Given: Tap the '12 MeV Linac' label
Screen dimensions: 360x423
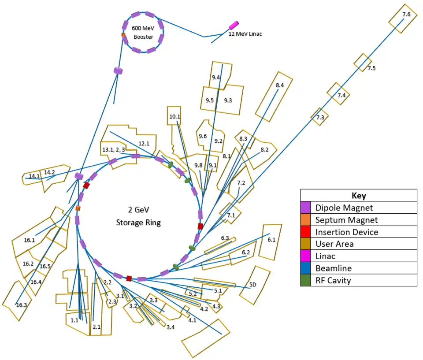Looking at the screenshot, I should click(245, 34).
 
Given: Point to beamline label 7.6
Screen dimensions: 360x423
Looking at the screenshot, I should click(406, 15).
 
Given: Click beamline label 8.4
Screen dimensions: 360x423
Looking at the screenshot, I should click(280, 85).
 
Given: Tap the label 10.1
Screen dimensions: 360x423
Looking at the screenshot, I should click(174, 117).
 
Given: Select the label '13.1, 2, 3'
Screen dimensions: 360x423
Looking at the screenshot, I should click(114, 150).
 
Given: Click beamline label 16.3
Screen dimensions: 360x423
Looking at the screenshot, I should click(21, 304).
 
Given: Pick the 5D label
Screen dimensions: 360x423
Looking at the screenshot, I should click(252, 285).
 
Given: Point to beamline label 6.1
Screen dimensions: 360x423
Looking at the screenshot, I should click(271, 240).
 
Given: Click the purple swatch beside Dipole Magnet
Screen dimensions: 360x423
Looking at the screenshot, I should click(306, 208).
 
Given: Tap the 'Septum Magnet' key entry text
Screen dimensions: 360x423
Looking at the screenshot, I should click(347, 220).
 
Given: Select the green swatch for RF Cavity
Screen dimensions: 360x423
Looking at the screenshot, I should click(306, 280).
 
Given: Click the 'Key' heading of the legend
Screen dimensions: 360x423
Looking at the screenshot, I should click(359, 196).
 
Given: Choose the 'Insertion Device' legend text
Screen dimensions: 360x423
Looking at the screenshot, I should click(347, 232).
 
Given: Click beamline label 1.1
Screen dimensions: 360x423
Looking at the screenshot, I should click(74, 320).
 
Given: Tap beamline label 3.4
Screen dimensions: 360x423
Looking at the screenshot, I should click(170, 327).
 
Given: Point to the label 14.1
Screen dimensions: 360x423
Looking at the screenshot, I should click(34, 176).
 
